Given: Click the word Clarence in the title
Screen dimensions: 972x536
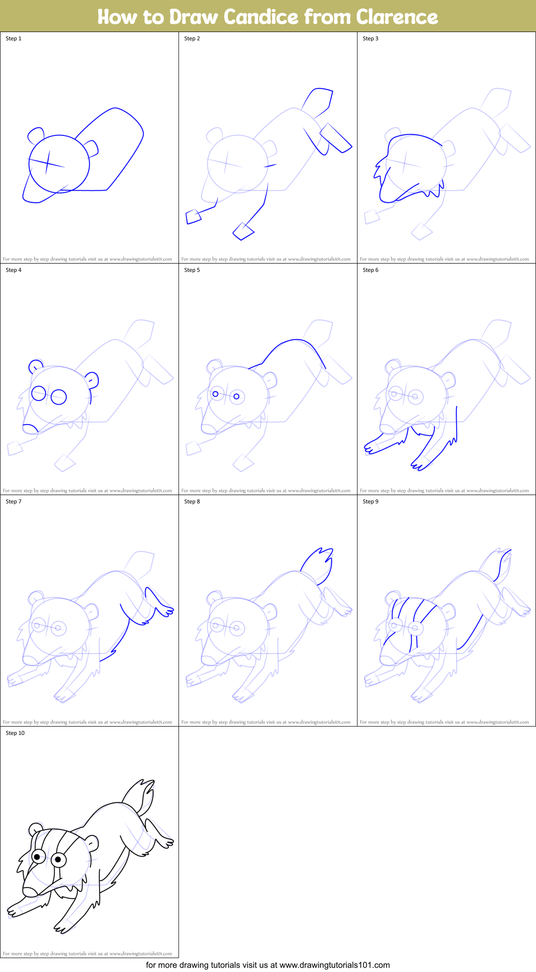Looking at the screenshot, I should pos(396,17).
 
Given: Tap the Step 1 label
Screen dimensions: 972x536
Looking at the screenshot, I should pos(13,39).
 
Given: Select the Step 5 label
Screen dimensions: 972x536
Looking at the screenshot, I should pos(192,270).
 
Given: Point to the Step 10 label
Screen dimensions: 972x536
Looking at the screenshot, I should pos(15,733).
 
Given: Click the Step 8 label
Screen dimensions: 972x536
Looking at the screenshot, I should pos(192,502).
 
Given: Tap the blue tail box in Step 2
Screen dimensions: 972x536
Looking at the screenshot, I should pos(318,99).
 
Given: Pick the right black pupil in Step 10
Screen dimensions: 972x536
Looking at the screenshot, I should pos(58,860).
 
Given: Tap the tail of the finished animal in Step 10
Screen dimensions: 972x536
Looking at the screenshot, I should pos(141,794).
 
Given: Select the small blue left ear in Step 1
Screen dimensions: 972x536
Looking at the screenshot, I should pos(35,135).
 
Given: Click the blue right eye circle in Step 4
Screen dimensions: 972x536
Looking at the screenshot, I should pos(59,397).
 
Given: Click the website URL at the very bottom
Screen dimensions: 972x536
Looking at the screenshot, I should pos(334,965).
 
